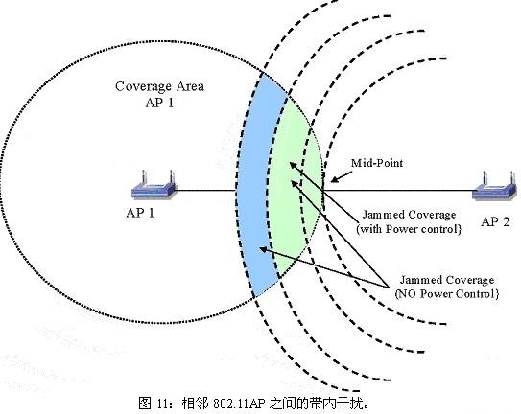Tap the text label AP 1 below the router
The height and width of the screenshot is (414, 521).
(140, 213)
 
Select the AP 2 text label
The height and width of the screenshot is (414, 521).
(495, 221)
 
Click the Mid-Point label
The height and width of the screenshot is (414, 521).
(377, 163)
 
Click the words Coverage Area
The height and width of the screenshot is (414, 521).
(159, 86)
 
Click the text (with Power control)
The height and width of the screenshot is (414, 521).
(409, 229)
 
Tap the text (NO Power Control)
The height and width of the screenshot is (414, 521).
(447, 294)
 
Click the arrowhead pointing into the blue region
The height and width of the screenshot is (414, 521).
(263, 248)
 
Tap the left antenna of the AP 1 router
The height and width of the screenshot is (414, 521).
(145, 177)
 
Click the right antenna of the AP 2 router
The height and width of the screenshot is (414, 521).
(512, 179)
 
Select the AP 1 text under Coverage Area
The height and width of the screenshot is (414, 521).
(159, 103)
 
